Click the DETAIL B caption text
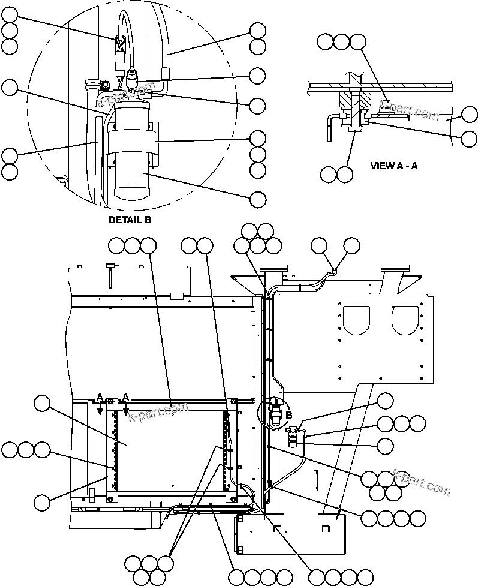pos(130,220)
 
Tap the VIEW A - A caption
pos(394,166)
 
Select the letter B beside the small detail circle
pos(289,414)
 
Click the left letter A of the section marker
pos(100,396)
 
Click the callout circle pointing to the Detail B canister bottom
pos(258,199)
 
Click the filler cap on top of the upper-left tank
pos(110,266)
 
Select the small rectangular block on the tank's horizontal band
pos(176,295)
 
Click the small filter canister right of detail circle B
pos(294,438)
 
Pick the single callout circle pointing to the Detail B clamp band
pos(258,138)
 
